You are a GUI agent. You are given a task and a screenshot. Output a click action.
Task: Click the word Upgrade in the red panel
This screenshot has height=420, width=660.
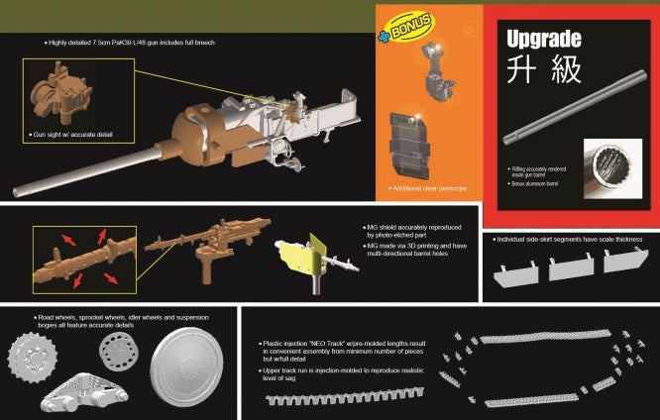pos(543,41)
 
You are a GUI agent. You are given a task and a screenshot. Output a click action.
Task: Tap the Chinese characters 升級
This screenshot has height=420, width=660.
pos(543,71)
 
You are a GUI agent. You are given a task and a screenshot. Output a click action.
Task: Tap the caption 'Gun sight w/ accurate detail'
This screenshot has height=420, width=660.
pos(82,133)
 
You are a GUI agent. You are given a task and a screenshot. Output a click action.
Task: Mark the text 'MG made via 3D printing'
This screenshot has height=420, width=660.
pos(408,244)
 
